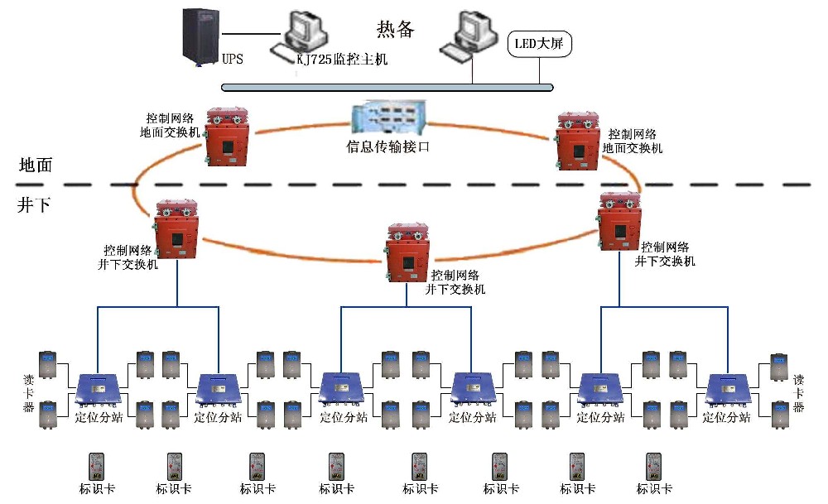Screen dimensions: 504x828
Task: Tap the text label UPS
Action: click(x=233, y=60)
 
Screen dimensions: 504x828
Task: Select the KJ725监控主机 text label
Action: click(x=342, y=60)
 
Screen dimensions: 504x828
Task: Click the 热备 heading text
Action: click(x=395, y=29)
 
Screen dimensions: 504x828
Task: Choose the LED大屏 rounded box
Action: click(x=540, y=43)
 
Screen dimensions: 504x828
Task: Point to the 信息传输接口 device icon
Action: click(x=387, y=118)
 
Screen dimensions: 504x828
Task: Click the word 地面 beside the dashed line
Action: click(x=35, y=165)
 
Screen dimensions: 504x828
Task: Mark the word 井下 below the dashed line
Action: click(x=33, y=205)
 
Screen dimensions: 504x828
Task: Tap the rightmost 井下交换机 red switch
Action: click(x=619, y=220)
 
